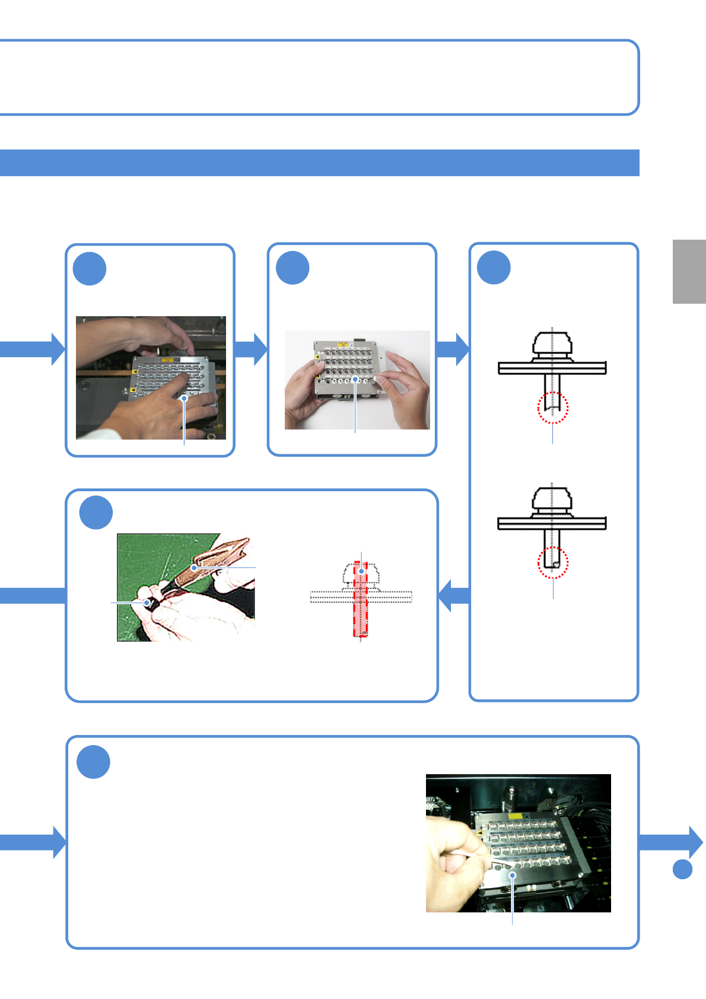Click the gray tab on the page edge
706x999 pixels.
point(689,272)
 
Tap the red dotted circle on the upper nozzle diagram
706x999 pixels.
point(553,408)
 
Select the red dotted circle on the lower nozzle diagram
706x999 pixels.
point(553,562)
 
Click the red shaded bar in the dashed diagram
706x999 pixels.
point(361,599)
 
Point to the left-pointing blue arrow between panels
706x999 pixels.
point(453,595)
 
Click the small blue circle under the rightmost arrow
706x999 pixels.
point(683,869)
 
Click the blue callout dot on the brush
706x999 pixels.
point(194,568)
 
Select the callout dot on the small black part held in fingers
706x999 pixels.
point(147,603)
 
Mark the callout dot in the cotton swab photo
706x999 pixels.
point(513,875)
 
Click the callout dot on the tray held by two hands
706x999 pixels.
point(355,380)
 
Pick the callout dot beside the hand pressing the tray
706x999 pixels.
point(185,399)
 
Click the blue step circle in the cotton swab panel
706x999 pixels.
point(94,762)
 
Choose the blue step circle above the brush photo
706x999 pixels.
point(96,513)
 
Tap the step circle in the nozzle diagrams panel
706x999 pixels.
point(494,268)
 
